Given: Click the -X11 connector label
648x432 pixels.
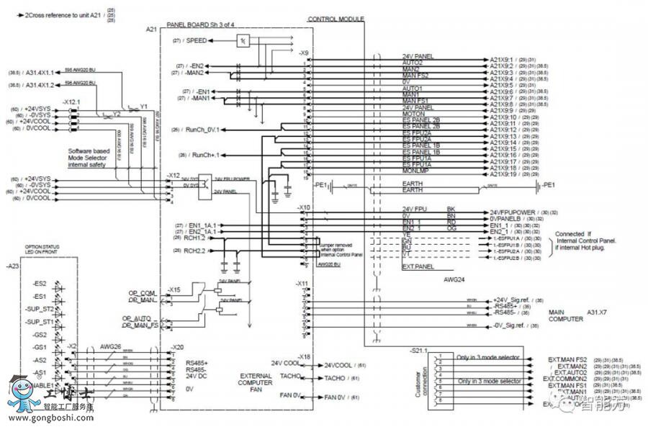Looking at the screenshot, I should [x=303, y=283].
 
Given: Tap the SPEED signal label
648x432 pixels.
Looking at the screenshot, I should [x=197, y=41].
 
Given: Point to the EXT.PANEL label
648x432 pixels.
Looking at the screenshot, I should [x=418, y=267].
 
